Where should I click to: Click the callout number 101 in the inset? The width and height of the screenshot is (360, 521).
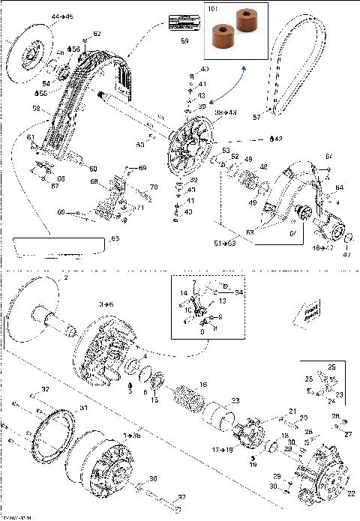212,10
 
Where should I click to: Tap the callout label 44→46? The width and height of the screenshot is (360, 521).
41,16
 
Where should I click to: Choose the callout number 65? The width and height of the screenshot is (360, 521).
115,238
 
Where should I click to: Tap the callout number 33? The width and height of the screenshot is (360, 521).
235,402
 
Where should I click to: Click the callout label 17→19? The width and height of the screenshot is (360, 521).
223,450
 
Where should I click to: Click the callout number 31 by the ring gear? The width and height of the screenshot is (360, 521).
84,408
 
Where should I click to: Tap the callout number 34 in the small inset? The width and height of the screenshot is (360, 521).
239,292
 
